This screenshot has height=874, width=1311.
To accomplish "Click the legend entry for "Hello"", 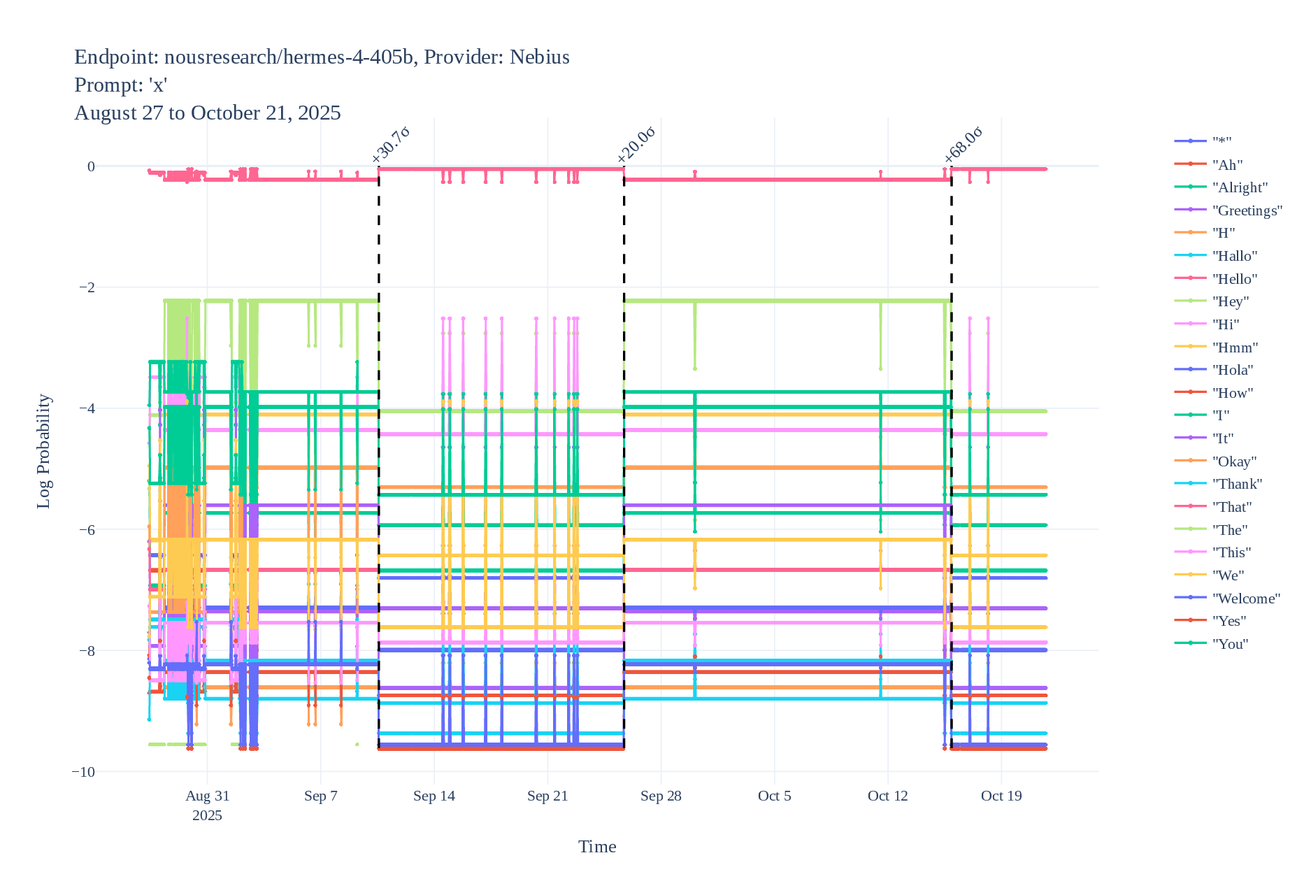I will [x=1234, y=279].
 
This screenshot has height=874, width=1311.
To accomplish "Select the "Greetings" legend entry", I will [x=1247, y=210].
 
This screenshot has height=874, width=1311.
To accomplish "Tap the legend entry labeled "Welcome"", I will [x=1246, y=599].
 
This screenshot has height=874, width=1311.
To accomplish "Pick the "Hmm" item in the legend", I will [x=1235, y=348].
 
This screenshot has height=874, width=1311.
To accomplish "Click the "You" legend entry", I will [x=1230, y=644].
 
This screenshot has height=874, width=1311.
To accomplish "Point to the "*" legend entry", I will [x=1222, y=142].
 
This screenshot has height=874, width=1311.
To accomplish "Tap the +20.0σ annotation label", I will [x=636, y=145].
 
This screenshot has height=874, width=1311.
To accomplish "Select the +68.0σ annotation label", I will [x=963, y=145].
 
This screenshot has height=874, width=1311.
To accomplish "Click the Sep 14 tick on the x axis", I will [x=434, y=796].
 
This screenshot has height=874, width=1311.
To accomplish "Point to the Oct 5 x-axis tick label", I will [x=774, y=796].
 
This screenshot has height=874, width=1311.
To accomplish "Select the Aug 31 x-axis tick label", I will [x=207, y=796].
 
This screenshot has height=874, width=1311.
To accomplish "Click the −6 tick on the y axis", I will [x=86, y=529].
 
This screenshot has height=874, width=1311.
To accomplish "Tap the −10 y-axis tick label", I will [x=83, y=772].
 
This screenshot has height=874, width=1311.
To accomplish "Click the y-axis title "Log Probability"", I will [x=43, y=451].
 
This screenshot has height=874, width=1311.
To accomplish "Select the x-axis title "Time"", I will [x=597, y=847].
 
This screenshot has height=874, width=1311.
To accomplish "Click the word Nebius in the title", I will [x=539, y=57].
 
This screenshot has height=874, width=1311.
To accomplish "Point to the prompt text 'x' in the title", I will [x=159, y=85].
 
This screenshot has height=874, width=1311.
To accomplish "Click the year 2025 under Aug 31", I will [x=207, y=815].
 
